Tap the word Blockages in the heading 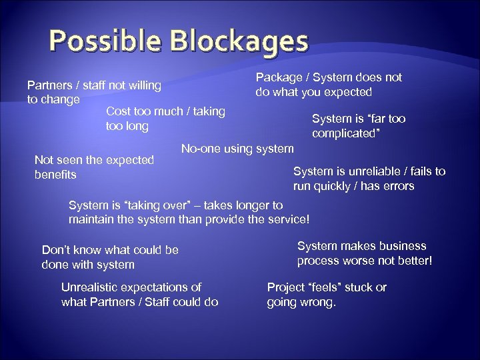tap(238, 41)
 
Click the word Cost tap(119, 111)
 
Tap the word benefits tap(55, 175)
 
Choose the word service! tap(287, 219)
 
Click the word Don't tap(56, 250)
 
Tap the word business tap(399, 246)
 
